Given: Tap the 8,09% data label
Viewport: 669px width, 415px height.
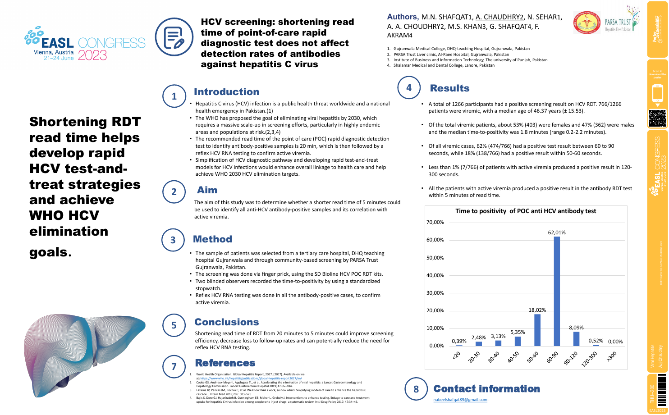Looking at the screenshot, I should pos(576,328).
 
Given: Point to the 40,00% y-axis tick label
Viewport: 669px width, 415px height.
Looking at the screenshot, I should pos(435,275).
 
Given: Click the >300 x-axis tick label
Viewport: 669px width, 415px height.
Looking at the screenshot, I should pos(611,356).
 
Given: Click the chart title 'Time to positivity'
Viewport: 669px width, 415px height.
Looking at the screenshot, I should pos(526,211).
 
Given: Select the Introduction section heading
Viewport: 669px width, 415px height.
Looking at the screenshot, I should pos(226,92).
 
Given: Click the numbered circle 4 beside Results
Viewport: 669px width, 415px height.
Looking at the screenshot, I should pos(409,88).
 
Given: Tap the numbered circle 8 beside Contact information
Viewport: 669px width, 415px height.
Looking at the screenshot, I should pos(416,389).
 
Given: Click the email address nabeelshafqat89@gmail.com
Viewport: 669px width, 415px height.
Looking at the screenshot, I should pos(460,400).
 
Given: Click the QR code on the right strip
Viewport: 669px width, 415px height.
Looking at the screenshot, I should pos(657,119).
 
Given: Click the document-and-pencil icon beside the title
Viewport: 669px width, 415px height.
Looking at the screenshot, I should pos(174,37).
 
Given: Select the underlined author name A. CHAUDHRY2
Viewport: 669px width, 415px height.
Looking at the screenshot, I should pos(499,17).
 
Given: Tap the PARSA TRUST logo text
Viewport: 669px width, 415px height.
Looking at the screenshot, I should pos(618,22).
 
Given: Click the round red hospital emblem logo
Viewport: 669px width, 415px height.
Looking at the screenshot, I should pos(587,23).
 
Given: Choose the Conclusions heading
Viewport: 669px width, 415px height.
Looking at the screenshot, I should pos(227,322).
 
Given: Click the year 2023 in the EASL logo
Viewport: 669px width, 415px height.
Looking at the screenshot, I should pos(92,55).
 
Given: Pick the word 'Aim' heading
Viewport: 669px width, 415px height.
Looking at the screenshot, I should pos(207,190).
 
